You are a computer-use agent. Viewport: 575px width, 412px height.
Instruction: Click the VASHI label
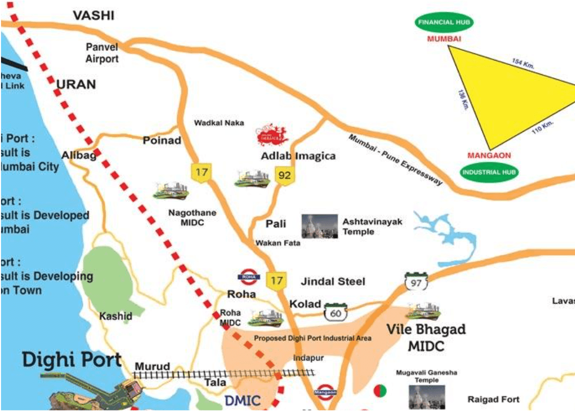93,16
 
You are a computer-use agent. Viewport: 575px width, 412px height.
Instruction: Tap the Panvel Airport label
102,53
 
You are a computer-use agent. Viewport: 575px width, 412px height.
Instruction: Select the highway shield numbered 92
284,176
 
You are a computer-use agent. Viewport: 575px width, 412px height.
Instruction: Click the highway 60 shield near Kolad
335,313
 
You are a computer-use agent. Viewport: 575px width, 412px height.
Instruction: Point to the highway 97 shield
416,282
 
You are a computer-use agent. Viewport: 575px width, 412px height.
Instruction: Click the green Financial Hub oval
444,22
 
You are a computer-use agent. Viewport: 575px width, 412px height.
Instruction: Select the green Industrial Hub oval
489,172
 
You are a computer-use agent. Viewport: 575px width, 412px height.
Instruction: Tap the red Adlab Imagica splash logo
273,135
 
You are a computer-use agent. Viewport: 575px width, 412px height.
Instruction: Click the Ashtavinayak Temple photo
319,226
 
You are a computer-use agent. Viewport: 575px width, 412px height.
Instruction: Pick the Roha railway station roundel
249,277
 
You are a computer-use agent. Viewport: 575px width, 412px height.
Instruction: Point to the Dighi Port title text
72,360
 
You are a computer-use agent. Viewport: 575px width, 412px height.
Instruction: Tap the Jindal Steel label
333,281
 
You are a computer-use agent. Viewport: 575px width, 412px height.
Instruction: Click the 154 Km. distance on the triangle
524,63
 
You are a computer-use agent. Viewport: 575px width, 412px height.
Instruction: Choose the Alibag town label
78,155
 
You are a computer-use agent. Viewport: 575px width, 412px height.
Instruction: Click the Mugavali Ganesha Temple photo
427,397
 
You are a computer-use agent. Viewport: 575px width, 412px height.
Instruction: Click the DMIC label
242,400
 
